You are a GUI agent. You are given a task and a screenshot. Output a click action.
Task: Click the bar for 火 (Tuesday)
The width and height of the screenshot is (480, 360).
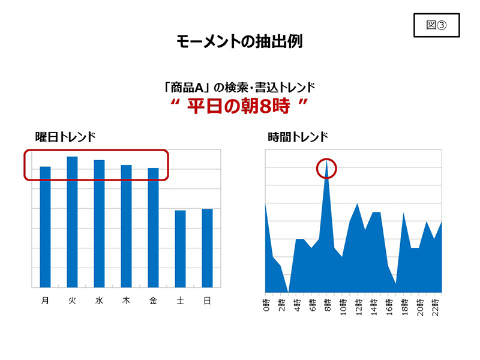(x=72, y=222)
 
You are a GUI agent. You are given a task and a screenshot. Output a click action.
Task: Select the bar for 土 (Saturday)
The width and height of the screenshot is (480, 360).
(x=180, y=248)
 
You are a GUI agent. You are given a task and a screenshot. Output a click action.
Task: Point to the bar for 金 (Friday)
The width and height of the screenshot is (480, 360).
(x=153, y=228)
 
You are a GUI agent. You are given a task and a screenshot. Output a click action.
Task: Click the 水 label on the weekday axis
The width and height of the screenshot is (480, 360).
(x=99, y=301)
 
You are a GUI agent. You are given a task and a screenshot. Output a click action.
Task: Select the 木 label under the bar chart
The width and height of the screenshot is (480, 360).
(x=126, y=301)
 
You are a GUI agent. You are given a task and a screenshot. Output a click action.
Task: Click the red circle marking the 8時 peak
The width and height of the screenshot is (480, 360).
(x=326, y=169)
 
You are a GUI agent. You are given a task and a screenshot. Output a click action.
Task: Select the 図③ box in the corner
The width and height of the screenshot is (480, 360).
(x=437, y=25)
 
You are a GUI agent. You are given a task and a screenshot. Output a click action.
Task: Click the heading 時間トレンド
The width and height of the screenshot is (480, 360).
(x=298, y=137)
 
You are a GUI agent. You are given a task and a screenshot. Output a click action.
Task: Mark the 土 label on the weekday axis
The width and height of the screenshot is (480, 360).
(x=180, y=301)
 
